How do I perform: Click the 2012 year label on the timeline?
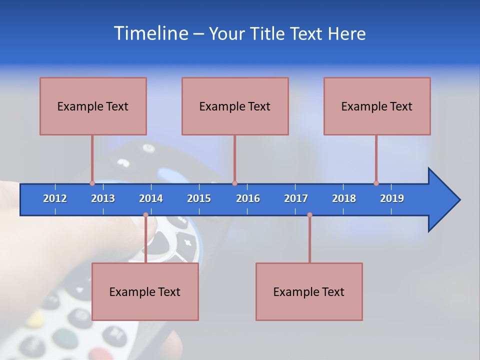pos(55,198)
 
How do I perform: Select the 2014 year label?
pos(151,198)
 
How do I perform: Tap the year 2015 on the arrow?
pos(199,198)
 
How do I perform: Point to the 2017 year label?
pos(296,198)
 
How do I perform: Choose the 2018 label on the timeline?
pos(344,198)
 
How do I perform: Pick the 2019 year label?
pos(392,198)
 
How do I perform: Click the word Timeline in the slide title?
pos(150,33)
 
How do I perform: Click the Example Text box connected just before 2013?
pos(93,106)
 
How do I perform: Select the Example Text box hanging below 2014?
pos(145,291)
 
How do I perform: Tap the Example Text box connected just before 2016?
pos(235,106)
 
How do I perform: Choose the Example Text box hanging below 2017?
pos(309,291)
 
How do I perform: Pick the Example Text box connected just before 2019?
pos(377,106)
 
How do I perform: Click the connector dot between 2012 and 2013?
pos(92,183)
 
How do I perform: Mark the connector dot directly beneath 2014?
pos(145,215)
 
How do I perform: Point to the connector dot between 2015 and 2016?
pos(234,183)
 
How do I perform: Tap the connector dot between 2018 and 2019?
pos(376,183)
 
